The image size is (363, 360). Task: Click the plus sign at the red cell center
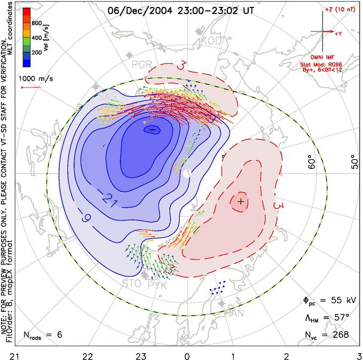pyautogui.click(x=241, y=201)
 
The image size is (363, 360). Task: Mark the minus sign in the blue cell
pyautogui.click(x=152, y=130)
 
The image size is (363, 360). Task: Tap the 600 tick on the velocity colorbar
pyautogui.click(x=36, y=23)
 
